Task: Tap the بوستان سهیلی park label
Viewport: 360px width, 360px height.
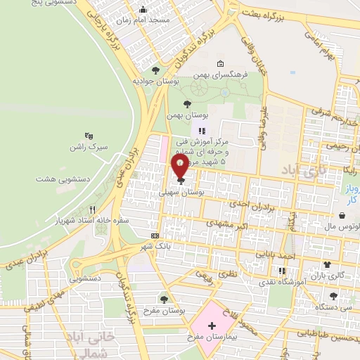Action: coord(184,191)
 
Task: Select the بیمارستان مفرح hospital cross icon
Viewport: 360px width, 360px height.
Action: coord(212,326)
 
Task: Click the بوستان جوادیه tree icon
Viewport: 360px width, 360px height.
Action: coord(155,70)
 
